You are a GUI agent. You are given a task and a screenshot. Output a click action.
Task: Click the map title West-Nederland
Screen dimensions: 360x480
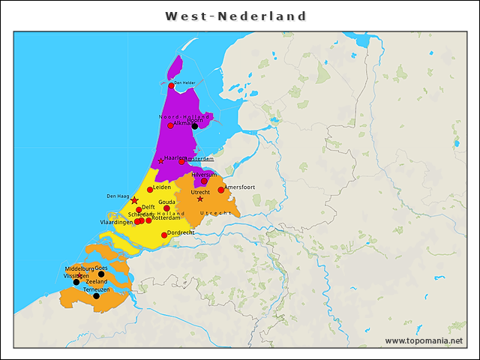[235, 16]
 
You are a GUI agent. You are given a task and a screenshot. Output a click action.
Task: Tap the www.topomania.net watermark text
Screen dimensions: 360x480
[423, 341]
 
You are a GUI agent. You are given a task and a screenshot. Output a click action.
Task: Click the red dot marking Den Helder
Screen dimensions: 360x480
[171, 86]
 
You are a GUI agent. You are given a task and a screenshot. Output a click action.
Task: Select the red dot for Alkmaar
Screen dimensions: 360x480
[170, 125]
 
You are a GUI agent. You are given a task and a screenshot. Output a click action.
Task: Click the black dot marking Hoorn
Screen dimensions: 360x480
[194, 126]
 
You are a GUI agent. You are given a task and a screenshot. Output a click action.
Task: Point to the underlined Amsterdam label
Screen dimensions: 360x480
[200, 159]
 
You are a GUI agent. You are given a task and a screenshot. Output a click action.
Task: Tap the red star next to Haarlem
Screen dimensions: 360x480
[160, 161]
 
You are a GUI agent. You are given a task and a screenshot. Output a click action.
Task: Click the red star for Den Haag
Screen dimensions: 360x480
[134, 200]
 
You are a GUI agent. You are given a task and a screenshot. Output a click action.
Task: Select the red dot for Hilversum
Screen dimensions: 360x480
[204, 181]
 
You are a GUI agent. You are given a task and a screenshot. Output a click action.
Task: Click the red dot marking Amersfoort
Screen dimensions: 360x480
[220, 190]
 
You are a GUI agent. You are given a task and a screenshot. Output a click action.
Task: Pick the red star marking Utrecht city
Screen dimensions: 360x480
[199, 199]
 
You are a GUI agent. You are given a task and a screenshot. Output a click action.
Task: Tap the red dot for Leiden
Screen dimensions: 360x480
[150, 190]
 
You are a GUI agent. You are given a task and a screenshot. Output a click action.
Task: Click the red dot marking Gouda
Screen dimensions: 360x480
[166, 208]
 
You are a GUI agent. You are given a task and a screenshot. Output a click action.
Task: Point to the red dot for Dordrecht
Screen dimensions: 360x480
[164, 235]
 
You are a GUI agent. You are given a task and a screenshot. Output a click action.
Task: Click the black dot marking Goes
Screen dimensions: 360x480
[101, 274]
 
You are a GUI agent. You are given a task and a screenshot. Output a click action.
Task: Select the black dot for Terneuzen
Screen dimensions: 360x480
[96, 296]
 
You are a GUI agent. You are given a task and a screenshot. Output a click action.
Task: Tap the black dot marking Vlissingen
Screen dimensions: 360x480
[76, 282]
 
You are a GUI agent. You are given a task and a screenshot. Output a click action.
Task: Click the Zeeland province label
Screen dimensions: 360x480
[97, 282]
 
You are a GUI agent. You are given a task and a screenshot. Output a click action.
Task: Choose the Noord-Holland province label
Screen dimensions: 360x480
[184, 117]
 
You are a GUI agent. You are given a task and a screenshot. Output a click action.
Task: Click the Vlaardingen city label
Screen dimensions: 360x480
[116, 222]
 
